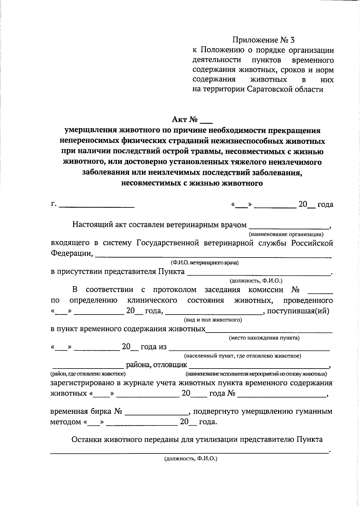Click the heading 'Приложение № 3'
(264, 40)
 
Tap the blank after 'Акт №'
(206, 121)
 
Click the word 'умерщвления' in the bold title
(91, 131)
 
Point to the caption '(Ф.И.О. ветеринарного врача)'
(205, 263)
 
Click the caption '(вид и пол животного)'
(213, 320)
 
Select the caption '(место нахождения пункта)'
(264, 338)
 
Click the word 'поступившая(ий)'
(298, 311)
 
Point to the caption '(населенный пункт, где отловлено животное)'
(243, 356)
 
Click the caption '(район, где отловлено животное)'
(88, 374)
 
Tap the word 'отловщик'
(170, 365)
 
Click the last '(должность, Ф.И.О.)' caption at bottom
(190, 459)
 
